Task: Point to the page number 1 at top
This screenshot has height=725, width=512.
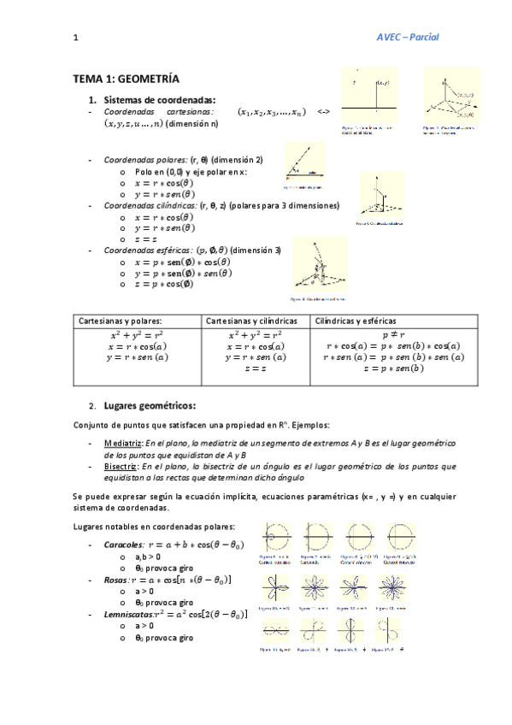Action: point(76,38)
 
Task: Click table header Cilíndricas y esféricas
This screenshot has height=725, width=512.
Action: point(356,320)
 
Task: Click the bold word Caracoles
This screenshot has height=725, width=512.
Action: point(123,544)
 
